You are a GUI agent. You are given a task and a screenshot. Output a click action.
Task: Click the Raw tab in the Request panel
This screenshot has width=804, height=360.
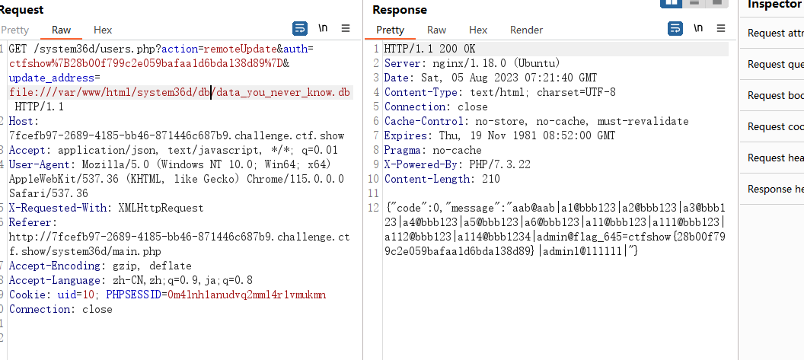62,30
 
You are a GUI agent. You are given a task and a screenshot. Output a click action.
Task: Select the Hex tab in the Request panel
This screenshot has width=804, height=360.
103,30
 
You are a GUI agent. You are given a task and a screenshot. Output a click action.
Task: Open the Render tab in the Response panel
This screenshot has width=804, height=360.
526,30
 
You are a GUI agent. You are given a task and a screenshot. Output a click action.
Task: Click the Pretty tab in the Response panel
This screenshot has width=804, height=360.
391,30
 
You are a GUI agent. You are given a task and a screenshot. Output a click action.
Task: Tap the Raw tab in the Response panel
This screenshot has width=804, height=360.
437,30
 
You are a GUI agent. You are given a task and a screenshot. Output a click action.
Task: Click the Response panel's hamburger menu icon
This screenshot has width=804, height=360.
721,28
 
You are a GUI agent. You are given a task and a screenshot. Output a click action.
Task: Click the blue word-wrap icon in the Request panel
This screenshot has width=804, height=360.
300,28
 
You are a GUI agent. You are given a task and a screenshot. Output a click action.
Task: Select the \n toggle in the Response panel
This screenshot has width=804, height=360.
698,27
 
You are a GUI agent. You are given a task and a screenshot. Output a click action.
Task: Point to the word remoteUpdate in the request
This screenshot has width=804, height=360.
240,49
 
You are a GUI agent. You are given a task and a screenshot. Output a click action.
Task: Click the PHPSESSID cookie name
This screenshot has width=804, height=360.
133,295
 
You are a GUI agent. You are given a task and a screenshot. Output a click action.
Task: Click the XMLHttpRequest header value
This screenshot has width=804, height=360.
161,209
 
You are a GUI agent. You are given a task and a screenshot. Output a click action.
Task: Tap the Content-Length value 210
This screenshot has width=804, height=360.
491,179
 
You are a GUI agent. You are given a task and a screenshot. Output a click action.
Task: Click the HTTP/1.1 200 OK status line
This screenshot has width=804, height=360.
429,49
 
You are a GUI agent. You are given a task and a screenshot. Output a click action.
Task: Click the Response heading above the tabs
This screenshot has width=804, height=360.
400,10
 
